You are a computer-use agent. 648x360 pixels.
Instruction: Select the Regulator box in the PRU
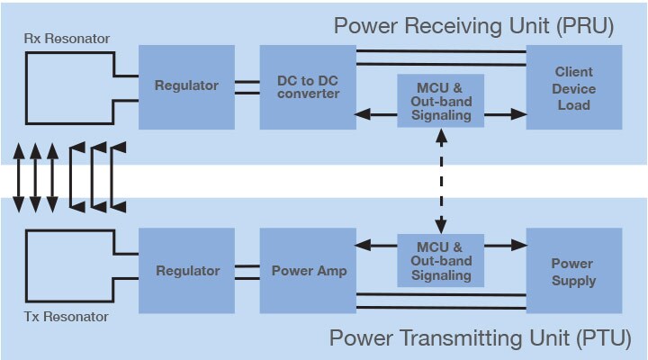[x=186, y=85]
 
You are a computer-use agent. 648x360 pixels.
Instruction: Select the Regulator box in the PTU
[x=186, y=270]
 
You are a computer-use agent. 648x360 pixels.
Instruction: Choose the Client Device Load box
[x=573, y=88]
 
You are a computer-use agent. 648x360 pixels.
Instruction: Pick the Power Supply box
[x=573, y=272]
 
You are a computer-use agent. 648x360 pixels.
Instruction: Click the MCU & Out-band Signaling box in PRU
[x=440, y=101]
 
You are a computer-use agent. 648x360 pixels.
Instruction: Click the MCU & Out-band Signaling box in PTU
[x=440, y=261]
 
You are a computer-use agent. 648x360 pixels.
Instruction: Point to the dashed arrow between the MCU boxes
[x=440, y=180]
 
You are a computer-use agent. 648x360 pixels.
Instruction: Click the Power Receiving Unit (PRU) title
[x=473, y=24]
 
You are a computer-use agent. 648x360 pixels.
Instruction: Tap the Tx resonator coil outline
[x=25, y=270]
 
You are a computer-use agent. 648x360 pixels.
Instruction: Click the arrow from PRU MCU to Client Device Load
[x=505, y=114]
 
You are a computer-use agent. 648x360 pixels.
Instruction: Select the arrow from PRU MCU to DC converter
[x=376, y=114]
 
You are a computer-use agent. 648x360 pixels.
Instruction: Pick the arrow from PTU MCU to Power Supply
[x=505, y=244]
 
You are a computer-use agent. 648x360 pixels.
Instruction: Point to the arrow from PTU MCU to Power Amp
[x=376, y=244]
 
